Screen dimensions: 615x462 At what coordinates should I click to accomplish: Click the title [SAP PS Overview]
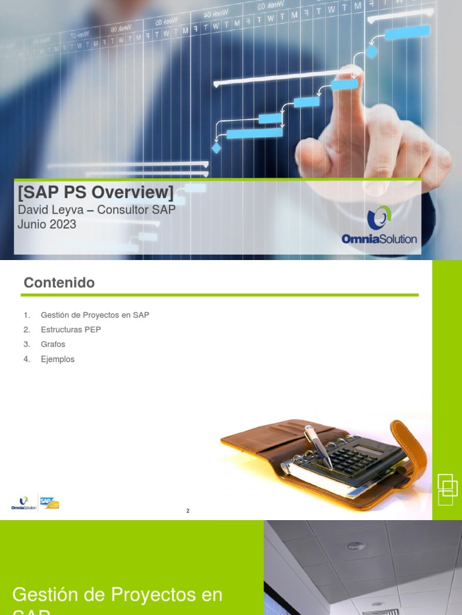96,193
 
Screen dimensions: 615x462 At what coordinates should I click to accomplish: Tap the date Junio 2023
48,225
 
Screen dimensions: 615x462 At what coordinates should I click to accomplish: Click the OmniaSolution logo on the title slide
379,226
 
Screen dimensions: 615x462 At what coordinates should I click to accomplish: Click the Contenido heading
59,282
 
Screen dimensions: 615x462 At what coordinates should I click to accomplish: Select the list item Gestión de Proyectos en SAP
95,315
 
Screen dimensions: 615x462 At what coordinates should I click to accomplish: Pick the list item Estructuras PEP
70,330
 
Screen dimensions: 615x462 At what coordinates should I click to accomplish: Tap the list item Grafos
53,344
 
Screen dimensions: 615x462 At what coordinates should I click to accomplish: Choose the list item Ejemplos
58,359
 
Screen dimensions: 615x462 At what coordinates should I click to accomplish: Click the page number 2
188,511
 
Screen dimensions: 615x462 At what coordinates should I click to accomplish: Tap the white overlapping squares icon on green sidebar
446,489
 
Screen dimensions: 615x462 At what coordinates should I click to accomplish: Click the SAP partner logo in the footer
49,501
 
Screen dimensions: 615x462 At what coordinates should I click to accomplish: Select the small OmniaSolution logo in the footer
24,502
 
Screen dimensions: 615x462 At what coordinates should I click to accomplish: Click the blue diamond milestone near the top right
371,52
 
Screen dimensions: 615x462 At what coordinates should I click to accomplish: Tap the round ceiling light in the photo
355,546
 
